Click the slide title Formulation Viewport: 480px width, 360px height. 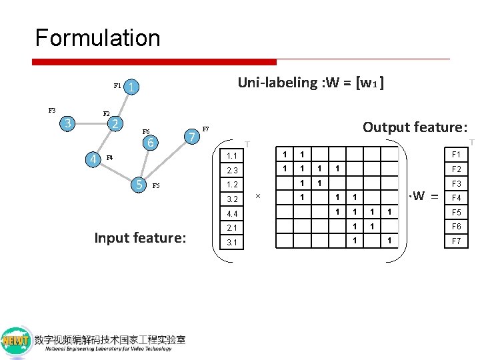(x=97, y=38)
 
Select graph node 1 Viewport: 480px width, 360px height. (x=133, y=87)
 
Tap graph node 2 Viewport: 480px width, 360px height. (x=115, y=124)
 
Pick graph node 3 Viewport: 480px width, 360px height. (x=66, y=123)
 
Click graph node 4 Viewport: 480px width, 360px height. (x=94, y=159)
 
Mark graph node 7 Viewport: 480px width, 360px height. (x=192, y=137)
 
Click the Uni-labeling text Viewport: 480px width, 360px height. (x=310, y=83)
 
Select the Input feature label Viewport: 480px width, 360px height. (x=140, y=237)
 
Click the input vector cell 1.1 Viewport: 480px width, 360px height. (x=232, y=156)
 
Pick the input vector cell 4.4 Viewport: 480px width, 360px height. (x=232, y=213)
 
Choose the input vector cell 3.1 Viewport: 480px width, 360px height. (x=232, y=243)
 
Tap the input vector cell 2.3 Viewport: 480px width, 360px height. (x=232, y=170)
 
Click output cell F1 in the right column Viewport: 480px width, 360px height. (x=457, y=154)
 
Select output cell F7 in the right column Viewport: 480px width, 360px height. (x=457, y=241)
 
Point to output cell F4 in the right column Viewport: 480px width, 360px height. (x=457, y=197)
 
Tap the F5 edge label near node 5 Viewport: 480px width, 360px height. (x=157, y=186)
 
